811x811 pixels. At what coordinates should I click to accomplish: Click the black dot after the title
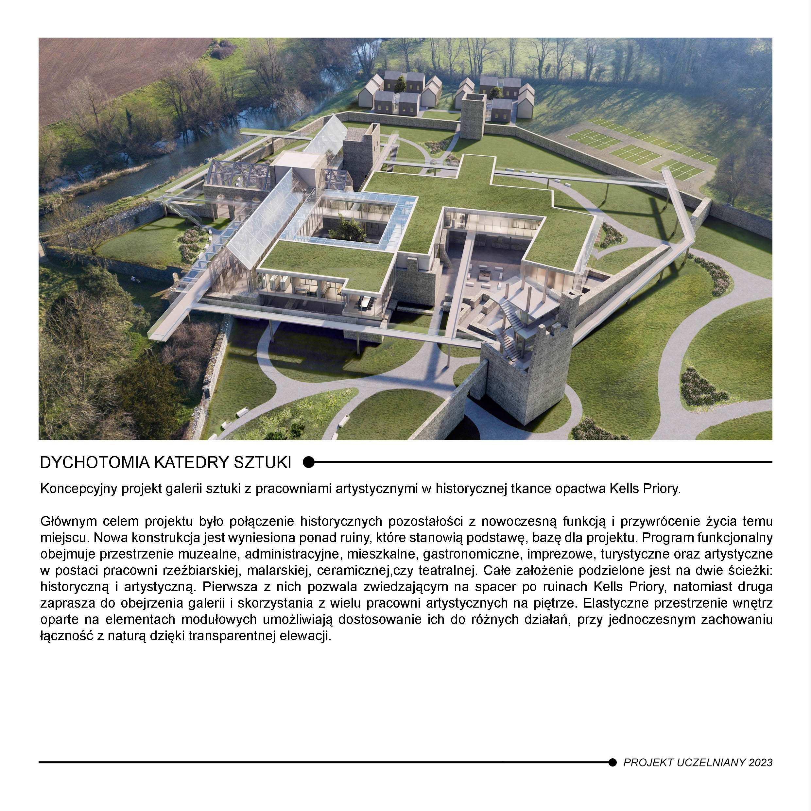pyautogui.click(x=309, y=462)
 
